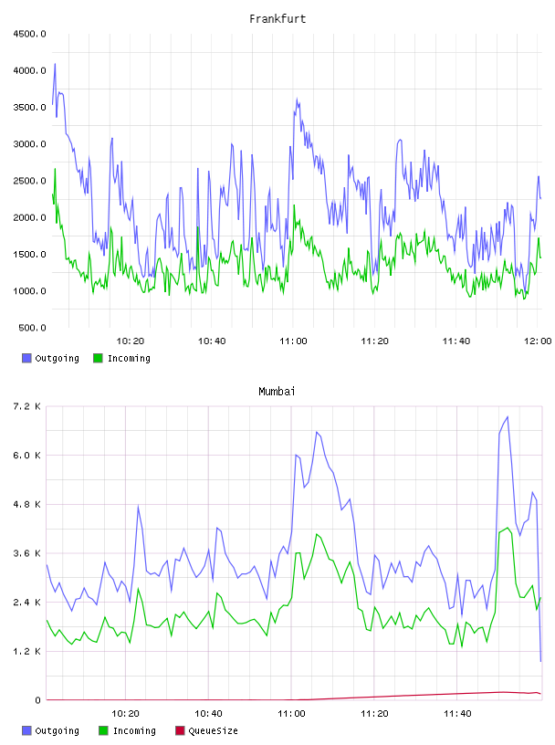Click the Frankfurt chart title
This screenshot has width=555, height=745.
click(x=277, y=18)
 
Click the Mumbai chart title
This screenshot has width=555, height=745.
click(x=277, y=391)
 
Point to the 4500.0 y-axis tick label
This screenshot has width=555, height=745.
click(x=30, y=34)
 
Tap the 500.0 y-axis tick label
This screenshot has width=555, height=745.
click(x=32, y=328)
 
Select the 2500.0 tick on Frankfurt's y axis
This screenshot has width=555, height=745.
click(x=30, y=181)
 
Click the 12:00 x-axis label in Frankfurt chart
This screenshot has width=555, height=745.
click(x=538, y=341)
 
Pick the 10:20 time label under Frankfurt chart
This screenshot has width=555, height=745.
click(x=131, y=341)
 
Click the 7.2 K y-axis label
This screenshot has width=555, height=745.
click(x=27, y=406)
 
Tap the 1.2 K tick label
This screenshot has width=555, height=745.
click(x=27, y=651)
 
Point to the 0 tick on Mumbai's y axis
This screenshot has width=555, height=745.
click(x=38, y=700)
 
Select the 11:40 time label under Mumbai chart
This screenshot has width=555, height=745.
click(x=457, y=713)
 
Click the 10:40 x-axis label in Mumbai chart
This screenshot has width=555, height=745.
click(x=209, y=713)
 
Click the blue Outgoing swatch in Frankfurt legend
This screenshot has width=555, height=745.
click(x=26, y=358)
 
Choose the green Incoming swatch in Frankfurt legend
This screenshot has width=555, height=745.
click(x=98, y=358)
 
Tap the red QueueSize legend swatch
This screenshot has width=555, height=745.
click(x=180, y=730)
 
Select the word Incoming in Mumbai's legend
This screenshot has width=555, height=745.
click(x=134, y=730)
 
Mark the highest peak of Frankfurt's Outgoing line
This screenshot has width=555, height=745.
click(x=55, y=64)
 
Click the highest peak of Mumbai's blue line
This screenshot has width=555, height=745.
click(x=508, y=416)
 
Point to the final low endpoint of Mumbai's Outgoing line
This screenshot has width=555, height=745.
click(x=540, y=660)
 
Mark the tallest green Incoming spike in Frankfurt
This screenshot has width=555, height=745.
click(x=55, y=169)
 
